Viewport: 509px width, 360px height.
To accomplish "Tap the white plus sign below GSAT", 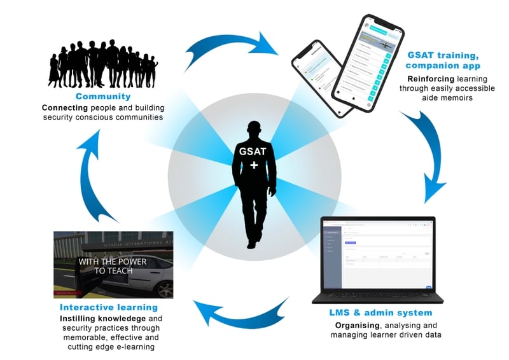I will tap(254, 165).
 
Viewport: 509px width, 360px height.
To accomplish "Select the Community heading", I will tap(103, 97).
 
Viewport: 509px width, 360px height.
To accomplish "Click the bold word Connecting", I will tap(64, 107).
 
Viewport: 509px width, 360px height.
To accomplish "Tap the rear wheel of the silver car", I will tap(165, 289).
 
